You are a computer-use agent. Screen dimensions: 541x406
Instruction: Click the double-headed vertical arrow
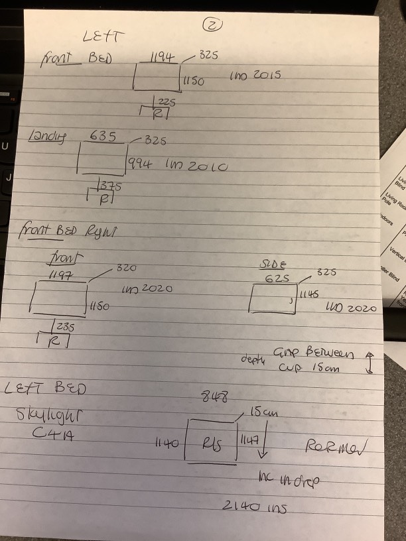point(369,362)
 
